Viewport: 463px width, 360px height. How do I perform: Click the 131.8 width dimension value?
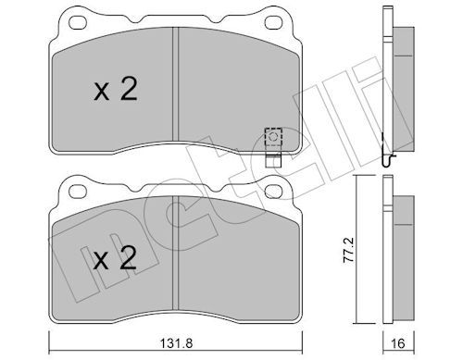(176, 342)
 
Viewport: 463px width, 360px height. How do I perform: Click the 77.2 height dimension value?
(349, 250)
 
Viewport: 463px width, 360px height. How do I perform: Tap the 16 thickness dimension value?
(398, 342)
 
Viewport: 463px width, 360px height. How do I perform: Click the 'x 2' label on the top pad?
(116, 89)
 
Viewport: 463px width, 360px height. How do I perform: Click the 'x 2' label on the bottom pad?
(115, 258)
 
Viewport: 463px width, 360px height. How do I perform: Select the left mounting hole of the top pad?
(78, 22)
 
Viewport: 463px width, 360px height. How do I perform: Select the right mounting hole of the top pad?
(273, 22)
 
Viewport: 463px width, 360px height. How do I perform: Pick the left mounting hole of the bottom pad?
(78, 192)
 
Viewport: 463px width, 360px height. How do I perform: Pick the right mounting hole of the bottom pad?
(273, 192)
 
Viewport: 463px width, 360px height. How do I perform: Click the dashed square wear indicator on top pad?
(273, 136)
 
